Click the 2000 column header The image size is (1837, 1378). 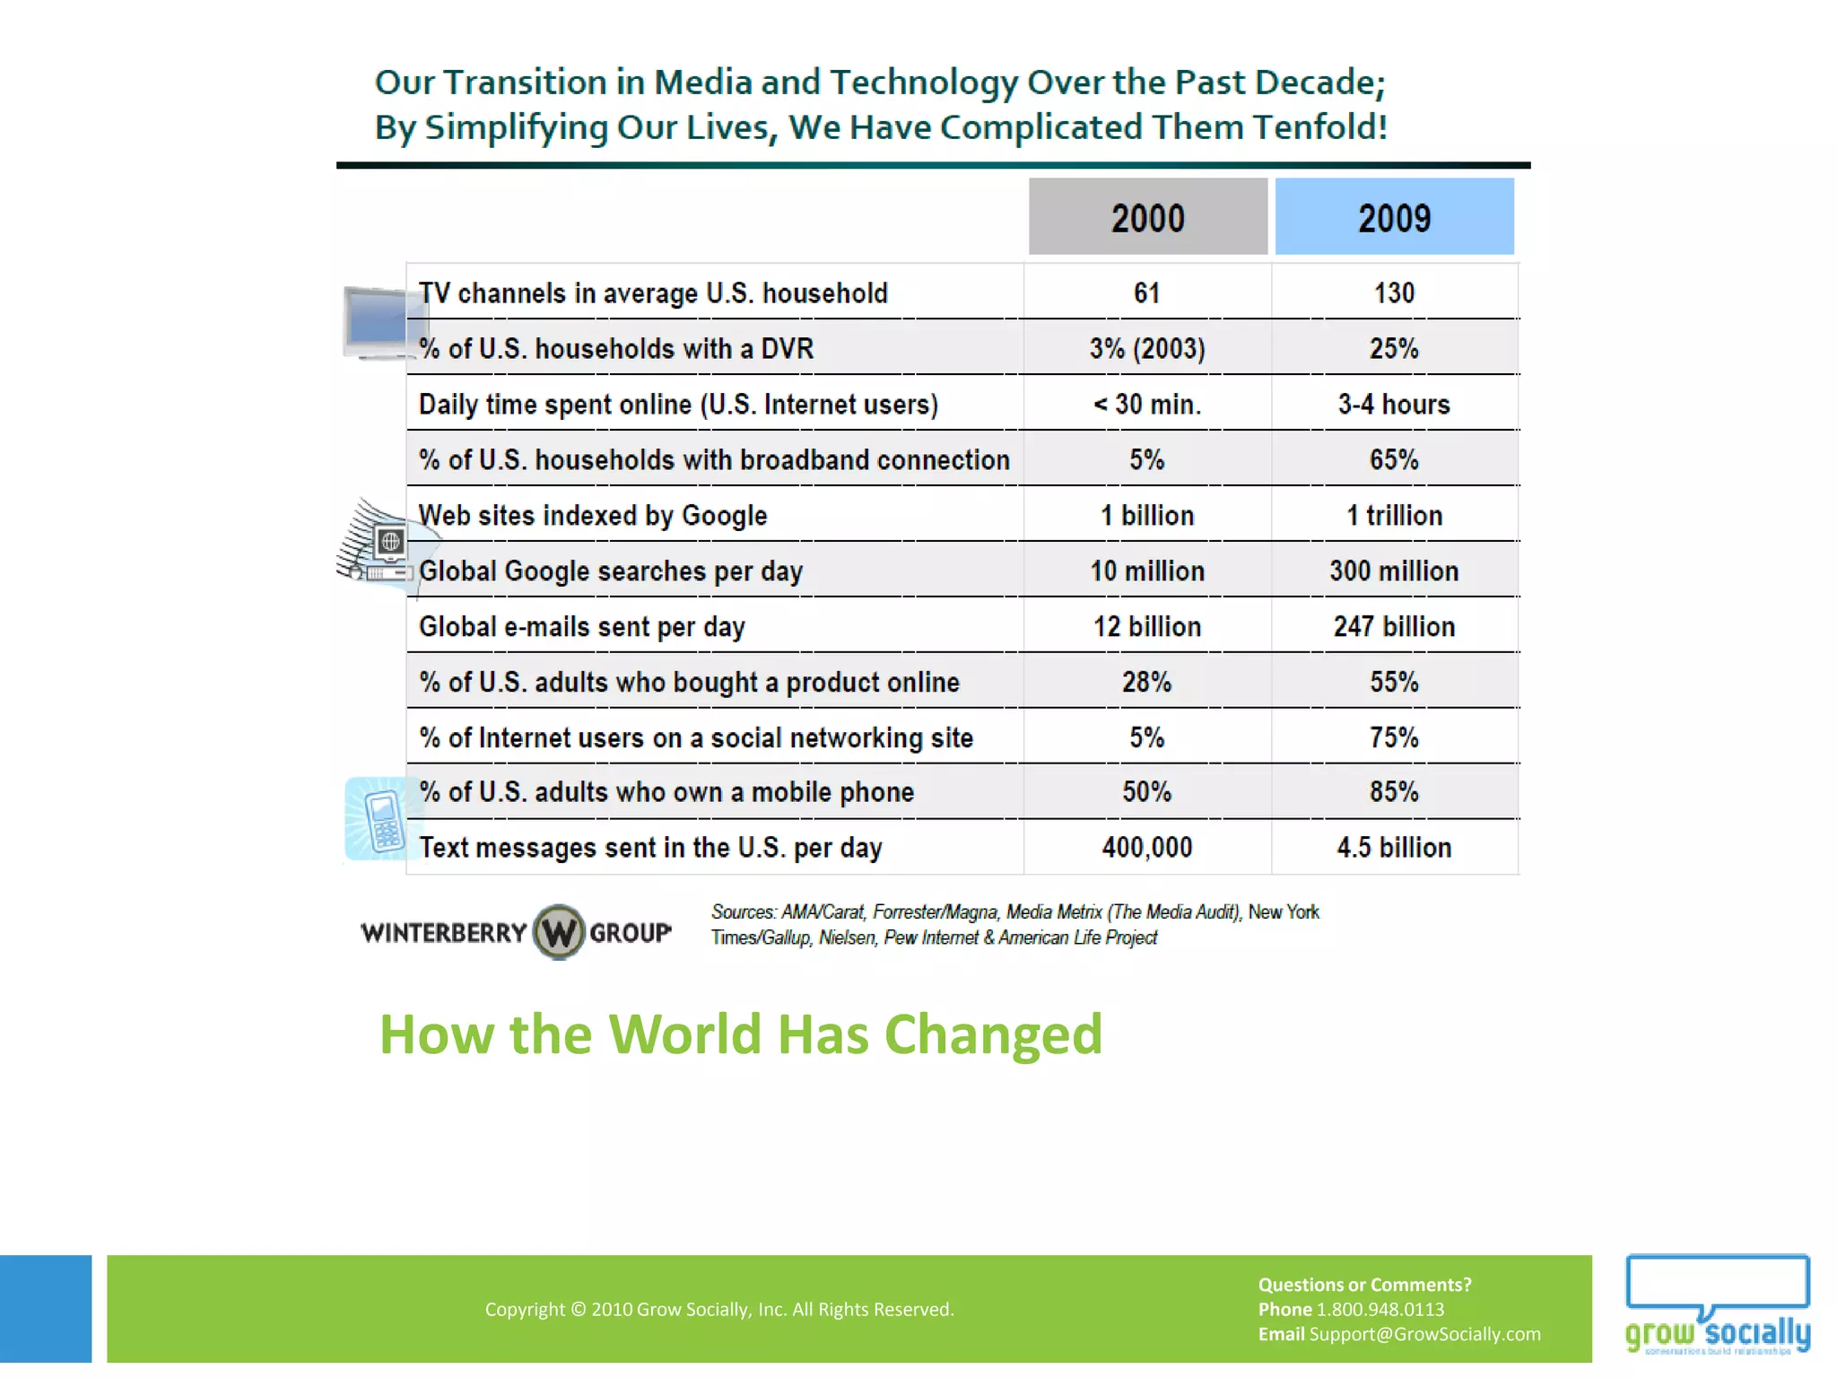1147,217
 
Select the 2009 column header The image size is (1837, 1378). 1394,217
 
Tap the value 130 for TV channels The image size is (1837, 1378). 1394,293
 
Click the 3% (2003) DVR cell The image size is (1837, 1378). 1147,349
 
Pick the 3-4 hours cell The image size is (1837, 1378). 1394,405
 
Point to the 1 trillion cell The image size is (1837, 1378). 1394,516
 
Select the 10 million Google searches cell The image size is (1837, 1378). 1147,571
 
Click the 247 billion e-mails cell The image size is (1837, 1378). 1394,627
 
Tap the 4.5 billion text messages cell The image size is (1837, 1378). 1394,848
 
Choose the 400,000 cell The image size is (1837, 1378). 1147,848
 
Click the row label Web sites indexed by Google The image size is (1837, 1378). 593,516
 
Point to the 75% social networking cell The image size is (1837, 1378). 1394,738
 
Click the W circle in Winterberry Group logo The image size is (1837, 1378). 559,932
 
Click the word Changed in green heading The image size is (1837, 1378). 993,1034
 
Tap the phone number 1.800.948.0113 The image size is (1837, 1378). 1380,1309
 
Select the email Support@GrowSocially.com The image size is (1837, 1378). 1424,1334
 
